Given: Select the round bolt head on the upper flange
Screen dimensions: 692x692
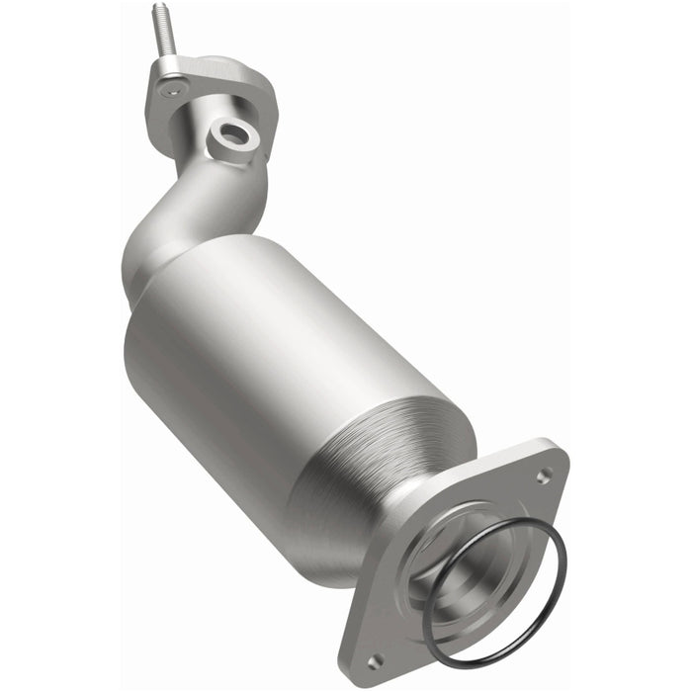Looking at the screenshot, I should pos(174,90).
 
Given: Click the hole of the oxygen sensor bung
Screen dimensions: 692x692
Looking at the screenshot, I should pos(236,134).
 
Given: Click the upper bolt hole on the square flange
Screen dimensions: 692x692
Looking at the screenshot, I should pos(543,476).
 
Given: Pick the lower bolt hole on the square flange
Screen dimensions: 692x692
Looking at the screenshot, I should pos(375,659).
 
